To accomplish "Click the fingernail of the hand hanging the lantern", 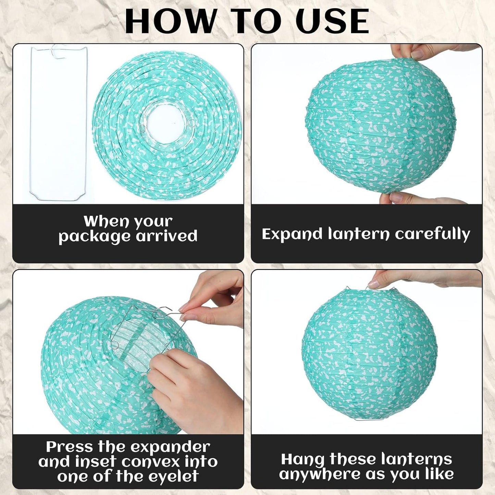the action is (x=373, y=284).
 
